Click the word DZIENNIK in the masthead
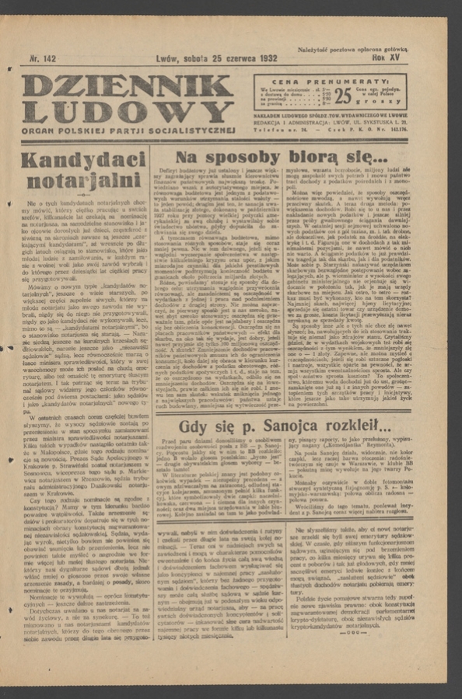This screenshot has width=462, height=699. (x=127, y=85)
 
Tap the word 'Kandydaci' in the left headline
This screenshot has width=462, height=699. (x=83, y=161)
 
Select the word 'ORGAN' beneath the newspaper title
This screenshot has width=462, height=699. (x=40, y=130)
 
